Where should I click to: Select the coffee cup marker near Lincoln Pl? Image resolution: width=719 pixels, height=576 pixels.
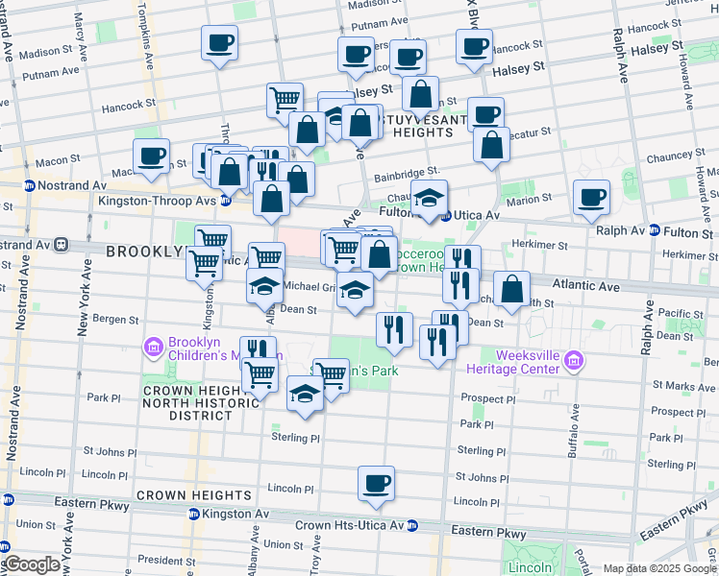[377, 482]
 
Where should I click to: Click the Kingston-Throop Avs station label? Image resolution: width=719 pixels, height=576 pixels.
[157, 201]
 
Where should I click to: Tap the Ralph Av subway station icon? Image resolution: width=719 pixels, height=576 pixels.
[654, 230]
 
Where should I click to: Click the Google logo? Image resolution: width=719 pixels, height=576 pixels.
[31, 564]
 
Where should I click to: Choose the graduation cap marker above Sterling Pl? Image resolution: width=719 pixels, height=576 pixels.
[305, 394]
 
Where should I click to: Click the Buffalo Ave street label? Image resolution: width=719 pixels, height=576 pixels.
[575, 430]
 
